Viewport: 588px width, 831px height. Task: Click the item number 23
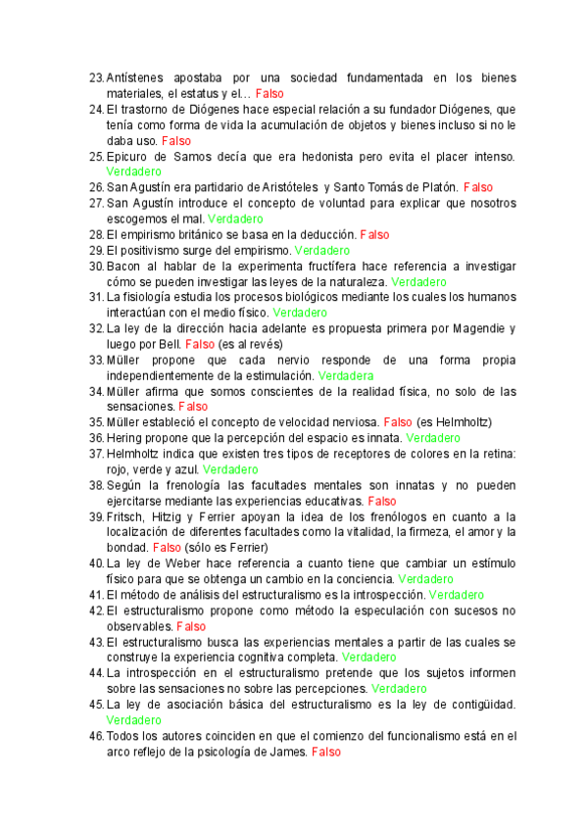tap(95, 77)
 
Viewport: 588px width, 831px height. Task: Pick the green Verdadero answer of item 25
tap(134, 171)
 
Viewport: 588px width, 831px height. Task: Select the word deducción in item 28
tap(328, 234)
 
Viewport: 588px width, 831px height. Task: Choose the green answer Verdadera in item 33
tap(346, 375)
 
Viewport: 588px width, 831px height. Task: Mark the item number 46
tap(95, 736)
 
